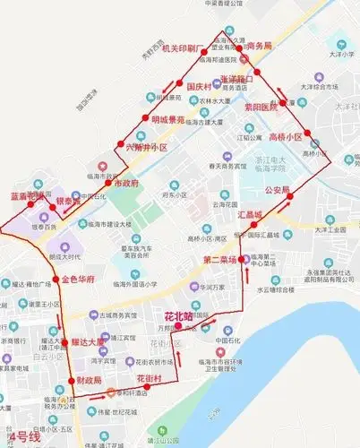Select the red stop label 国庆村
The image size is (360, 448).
pyautogui.click(x=192, y=86)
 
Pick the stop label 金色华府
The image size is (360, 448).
pyautogui.click(x=78, y=280)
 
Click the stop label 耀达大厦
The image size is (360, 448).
pyautogui.click(x=89, y=342)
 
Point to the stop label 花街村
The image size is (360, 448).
pyautogui.click(x=148, y=380)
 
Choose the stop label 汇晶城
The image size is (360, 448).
pyautogui.click(x=250, y=216)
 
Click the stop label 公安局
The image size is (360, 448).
pyautogui.click(x=277, y=190)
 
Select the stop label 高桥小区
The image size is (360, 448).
pyautogui.click(x=285, y=137)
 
